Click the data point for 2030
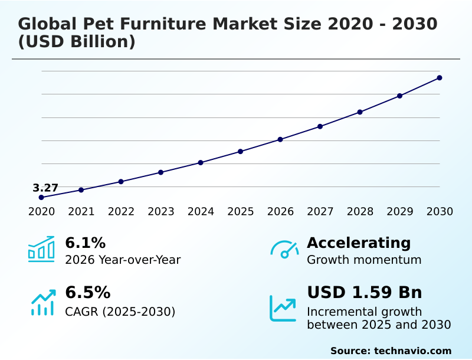pos(440,78)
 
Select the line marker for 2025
pos(241,152)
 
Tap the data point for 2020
pos(41,198)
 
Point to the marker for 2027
pos(320,126)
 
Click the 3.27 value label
pos(45,188)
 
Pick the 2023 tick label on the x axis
pos(161,212)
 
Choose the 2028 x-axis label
pos(360,212)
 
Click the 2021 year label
pos(81,212)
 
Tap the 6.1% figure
pos(85,243)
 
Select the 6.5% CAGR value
pos(87,293)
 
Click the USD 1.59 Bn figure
pos(364,293)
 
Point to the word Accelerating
pos(359,243)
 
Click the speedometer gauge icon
pos(284,250)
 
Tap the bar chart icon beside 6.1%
pos(41,250)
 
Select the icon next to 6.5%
pos(42,303)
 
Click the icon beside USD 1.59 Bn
pos(283,308)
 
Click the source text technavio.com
pos(412,351)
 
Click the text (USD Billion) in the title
pos(77,42)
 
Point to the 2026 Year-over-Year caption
pos(123,260)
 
